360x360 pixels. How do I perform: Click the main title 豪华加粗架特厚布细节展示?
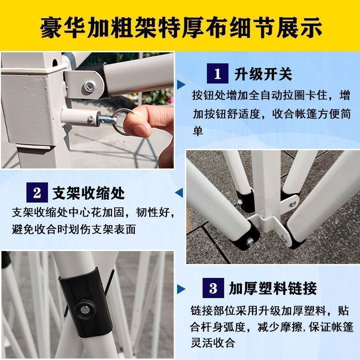(180, 27)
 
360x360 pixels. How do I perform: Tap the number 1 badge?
(217, 74)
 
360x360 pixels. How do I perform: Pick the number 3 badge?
(213, 288)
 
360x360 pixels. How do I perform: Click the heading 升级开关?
(263, 74)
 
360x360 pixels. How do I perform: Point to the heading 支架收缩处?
(88, 193)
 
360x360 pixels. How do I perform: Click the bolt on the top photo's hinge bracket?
(89, 87)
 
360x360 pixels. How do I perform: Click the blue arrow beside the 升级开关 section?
(181, 84)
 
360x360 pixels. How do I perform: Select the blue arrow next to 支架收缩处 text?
(180, 193)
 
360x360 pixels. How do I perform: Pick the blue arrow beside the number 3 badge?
(181, 289)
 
